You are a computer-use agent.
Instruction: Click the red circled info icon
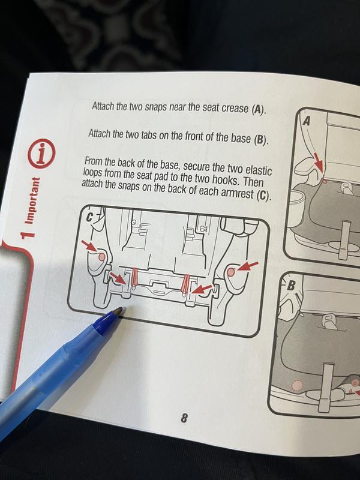[x=42, y=153]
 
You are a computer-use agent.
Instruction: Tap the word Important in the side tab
[x=32, y=201]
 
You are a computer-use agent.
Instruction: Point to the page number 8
[x=184, y=418]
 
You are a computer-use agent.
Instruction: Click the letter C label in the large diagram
[x=89, y=217]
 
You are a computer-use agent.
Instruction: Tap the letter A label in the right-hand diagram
[x=307, y=122]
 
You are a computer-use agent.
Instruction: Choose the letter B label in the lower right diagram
[x=291, y=286]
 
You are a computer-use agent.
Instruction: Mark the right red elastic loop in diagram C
[x=185, y=286]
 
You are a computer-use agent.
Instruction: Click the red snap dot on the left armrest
[x=101, y=257]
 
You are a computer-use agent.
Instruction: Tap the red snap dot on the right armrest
[x=232, y=272]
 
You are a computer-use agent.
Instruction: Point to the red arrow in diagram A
[x=319, y=163]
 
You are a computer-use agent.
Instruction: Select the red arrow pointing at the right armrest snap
[x=248, y=266]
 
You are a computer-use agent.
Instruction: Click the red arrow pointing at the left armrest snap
[x=89, y=246]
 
